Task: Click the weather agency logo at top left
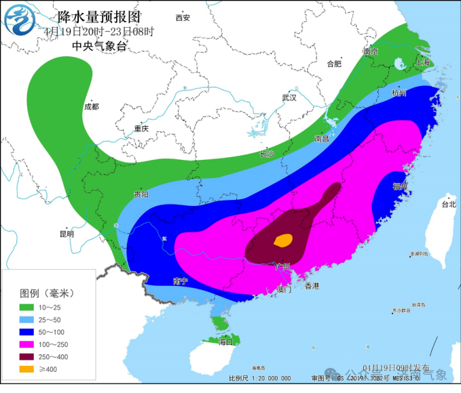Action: (20, 22)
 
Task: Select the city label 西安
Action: (183, 17)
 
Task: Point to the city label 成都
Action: (91, 106)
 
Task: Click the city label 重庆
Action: (141, 128)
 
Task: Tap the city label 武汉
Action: (290, 98)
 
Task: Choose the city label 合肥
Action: (334, 64)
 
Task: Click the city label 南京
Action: (371, 51)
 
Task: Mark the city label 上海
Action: (422, 62)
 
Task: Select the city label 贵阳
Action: (141, 194)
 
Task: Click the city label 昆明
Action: (67, 234)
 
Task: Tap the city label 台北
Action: (449, 203)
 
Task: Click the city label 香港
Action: (312, 286)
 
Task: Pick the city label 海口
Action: (226, 342)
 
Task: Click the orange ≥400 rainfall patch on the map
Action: (283, 239)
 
